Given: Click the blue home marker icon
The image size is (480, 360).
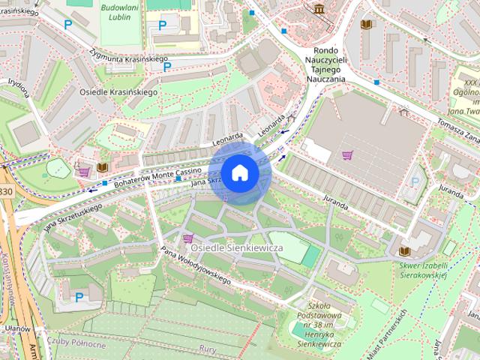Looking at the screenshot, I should (239, 173).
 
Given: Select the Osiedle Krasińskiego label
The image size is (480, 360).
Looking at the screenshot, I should (118, 91).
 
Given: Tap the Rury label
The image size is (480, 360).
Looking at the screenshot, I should (208, 347).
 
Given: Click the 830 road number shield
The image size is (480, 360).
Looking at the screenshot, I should (6, 193).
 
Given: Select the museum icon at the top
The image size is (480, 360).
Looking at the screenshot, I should (320, 9).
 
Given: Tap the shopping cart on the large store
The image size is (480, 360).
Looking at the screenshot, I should (347, 155).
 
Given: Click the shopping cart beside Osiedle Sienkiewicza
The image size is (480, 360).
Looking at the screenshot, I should (187, 238).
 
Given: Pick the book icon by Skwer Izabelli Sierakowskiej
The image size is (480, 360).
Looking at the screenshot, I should (405, 251).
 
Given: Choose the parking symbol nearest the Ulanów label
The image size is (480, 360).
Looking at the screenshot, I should (79, 298).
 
